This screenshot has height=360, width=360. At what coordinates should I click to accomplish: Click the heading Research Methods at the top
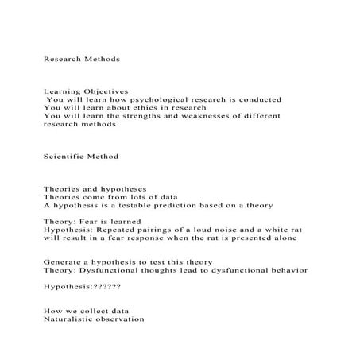81,59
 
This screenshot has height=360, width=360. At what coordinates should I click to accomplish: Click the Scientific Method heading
80,157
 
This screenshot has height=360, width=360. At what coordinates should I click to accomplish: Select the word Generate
64,262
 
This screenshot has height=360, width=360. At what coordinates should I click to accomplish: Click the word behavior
287,270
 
